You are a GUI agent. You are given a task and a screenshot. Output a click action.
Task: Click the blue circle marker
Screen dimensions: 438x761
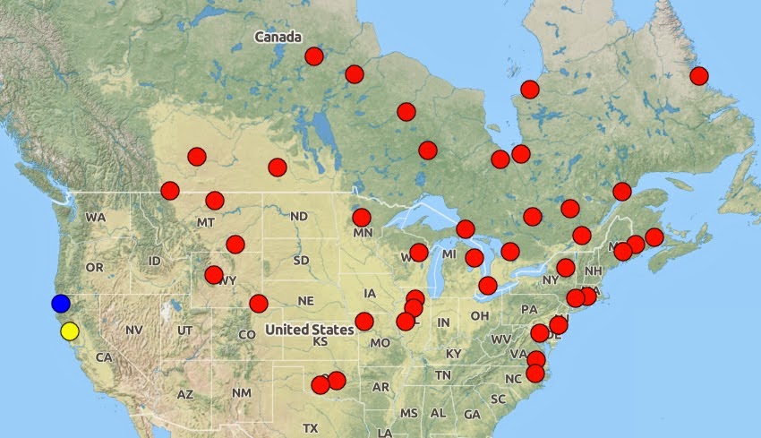tap(61, 304)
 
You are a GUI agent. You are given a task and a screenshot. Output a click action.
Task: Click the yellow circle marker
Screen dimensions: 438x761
tap(70, 331)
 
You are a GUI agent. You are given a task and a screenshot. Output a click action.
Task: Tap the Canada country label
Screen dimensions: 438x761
tap(278, 37)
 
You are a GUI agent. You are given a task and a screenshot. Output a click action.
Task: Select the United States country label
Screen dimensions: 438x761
tap(309, 330)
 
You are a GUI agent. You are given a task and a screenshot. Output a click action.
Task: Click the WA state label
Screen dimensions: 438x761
tap(96, 217)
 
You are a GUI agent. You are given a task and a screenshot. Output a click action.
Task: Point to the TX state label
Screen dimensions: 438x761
tap(311, 428)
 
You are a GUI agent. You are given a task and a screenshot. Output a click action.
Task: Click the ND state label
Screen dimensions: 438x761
tap(299, 216)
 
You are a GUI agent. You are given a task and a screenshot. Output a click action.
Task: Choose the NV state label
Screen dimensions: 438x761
tap(134, 331)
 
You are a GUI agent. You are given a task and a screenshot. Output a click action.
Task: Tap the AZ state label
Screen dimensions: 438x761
tap(184, 394)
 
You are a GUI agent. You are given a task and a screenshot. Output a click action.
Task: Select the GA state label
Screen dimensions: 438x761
tap(473, 414)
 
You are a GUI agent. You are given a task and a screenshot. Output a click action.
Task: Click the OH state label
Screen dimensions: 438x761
tap(480, 315)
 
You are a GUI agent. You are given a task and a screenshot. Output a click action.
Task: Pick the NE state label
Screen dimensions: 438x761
tap(306, 300)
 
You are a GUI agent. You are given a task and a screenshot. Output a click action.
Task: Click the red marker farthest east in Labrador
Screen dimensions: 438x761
tap(698, 76)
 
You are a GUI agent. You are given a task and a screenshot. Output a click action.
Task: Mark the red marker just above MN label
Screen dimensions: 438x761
tap(362, 217)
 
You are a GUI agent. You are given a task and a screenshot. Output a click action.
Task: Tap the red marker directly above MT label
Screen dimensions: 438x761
tap(215, 201)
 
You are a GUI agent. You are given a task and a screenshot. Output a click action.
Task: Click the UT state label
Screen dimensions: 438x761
tap(184, 331)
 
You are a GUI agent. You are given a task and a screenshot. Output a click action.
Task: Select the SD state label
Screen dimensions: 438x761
tap(302, 261)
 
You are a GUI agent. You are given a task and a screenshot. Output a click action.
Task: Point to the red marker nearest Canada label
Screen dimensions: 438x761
tap(314, 56)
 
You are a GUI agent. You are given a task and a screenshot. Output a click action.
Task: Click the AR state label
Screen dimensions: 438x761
tap(381, 387)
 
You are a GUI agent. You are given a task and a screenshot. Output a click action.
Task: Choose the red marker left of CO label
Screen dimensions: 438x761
tap(258, 304)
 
